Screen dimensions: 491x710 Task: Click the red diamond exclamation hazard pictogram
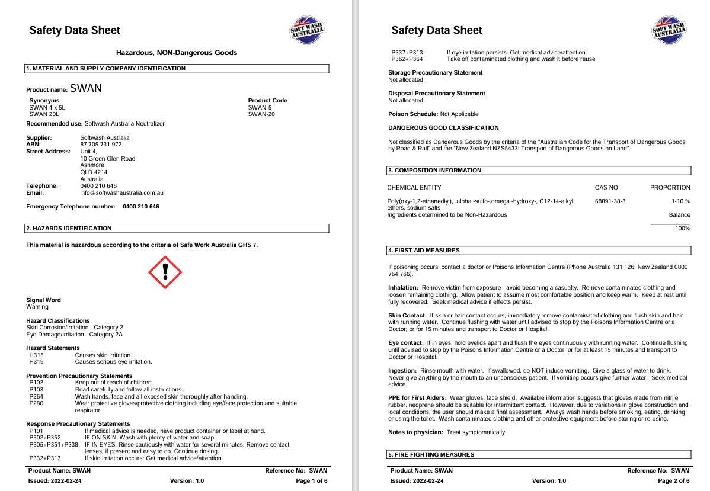click(x=165, y=272)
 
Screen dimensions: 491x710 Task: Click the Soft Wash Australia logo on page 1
click(x=307, y=30)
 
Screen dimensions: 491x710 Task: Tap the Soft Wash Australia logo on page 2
click(x=669, y=30)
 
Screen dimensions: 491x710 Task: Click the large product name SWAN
click(x=86, y=89)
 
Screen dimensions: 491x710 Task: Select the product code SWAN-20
click(x=261, y=114)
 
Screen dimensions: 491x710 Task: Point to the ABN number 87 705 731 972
click(x=101, y=145)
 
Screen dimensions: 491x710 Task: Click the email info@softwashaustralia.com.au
click(x=121, y=193)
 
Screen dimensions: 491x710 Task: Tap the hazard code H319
click(x=36, y=362)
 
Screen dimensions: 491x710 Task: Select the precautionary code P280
click(x=36, y=403)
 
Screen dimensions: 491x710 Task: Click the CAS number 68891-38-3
click(x=610, y=201)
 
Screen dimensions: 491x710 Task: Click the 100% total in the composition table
click(x=683, y=229)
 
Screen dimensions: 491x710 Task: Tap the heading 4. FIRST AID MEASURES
click(x=424, y=251)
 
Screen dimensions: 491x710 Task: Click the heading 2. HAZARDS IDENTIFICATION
click(x=69, y=229)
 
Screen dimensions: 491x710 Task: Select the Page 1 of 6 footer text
click(x=311, y=481)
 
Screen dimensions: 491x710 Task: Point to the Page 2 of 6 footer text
click(x=673, y=481)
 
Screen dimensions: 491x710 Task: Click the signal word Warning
click(x=37, y=307)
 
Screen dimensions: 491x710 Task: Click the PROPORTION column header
click(x=670, y=188)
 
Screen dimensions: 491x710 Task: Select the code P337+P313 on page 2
click(x=407, y=52)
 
